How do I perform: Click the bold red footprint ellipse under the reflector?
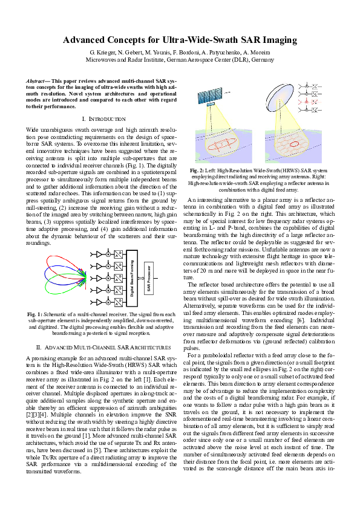pyautogui.click(x=293, y=144)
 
